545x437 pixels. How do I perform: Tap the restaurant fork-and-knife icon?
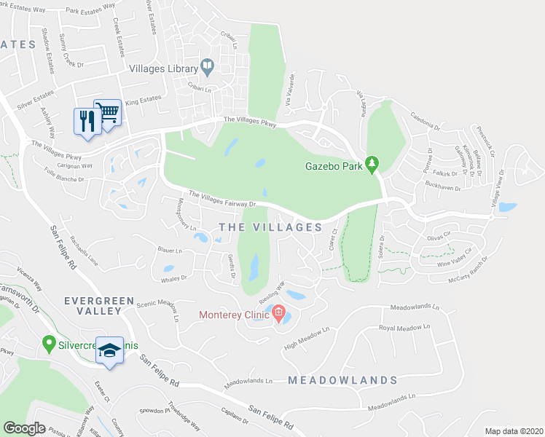pos(85,120)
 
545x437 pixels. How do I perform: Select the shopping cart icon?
pos(107,113)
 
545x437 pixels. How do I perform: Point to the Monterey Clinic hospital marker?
pos(278,315)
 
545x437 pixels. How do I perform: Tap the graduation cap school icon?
pos(109,351)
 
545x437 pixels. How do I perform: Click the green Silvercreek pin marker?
pos(49,342)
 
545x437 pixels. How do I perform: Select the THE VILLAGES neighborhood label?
pos(270,227)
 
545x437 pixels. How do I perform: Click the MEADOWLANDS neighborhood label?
pos(342,380)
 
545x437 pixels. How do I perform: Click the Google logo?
pos(25,428)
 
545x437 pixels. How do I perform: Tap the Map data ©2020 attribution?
pos(512,431)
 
